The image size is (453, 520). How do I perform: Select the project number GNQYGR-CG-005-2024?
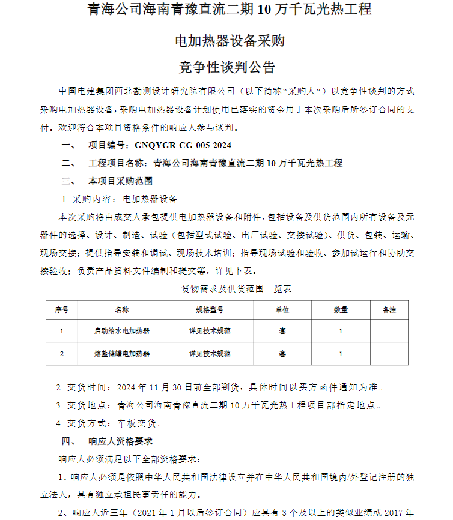coord(183,145)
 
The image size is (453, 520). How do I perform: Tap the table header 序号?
coord(62,310)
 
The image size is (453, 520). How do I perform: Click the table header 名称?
coord(122,310)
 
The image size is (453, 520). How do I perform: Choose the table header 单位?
coord(282,310)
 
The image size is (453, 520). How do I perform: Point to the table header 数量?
coord(341,310)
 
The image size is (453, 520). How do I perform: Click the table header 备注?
coord(389,310)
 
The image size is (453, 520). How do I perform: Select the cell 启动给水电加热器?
coord(122,330)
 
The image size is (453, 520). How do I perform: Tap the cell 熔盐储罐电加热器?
coord(122,354)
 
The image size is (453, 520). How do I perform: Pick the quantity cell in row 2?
coord(341,354)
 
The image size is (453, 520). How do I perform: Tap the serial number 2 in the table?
coord(62,354)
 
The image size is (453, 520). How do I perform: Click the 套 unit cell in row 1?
coord(282,330)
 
